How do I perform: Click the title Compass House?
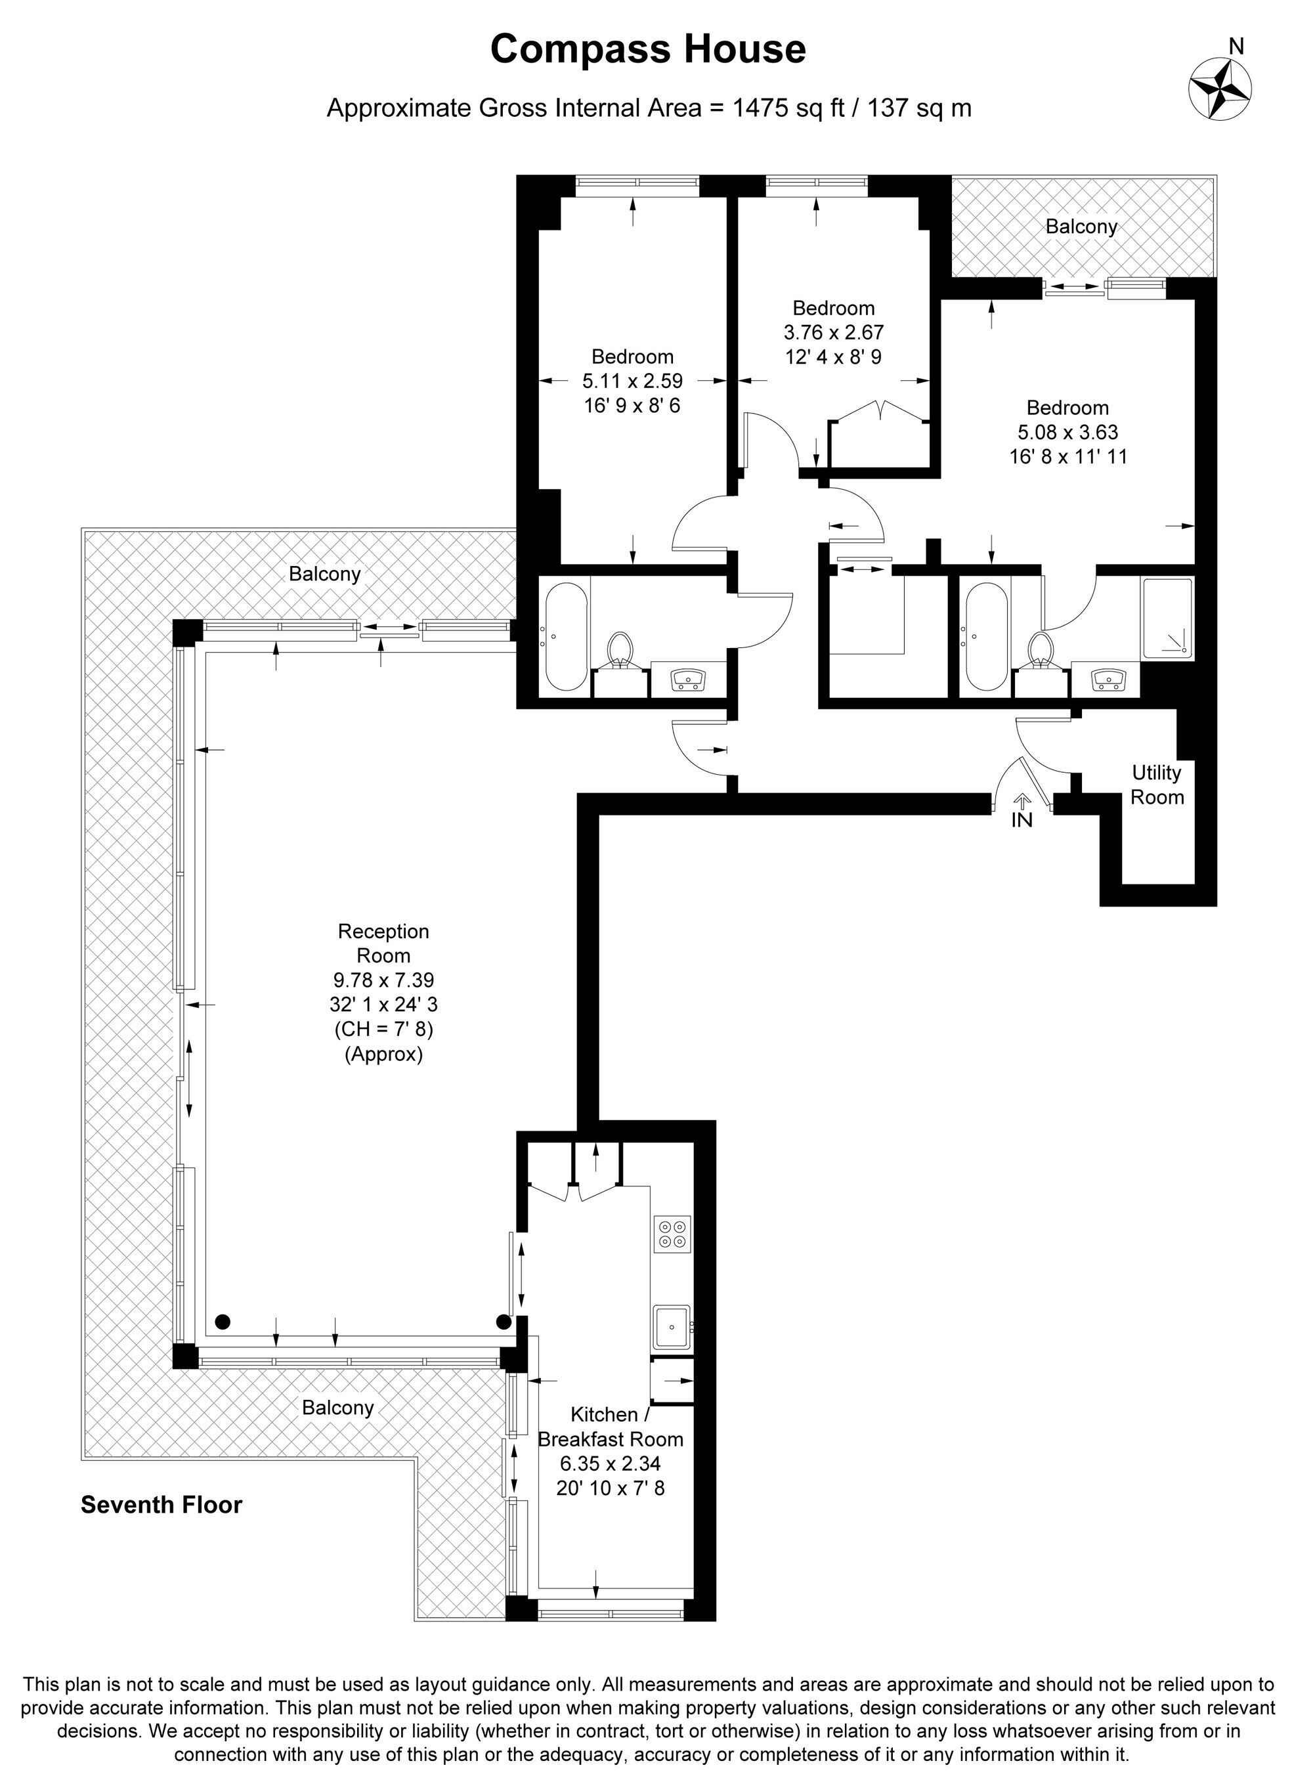648,49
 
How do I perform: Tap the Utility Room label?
1157,785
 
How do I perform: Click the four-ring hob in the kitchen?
672,1234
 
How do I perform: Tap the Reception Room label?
384,943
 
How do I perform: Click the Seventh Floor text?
161,1505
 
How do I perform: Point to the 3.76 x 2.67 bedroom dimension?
834,332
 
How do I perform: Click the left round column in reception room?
223,1322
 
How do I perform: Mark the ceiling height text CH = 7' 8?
384,1030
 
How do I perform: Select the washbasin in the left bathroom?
687,680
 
